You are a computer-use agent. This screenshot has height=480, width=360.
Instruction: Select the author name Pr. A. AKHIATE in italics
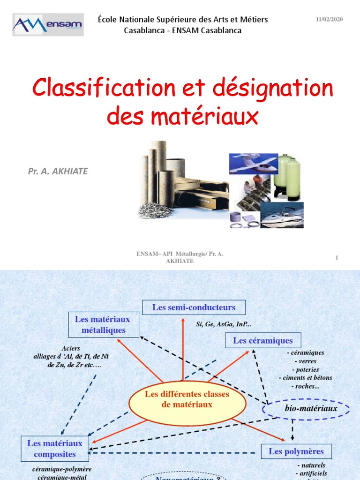[58, 171]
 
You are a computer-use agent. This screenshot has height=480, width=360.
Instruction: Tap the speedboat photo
[282, 216]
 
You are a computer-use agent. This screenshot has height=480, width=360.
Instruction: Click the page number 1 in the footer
[337, 257]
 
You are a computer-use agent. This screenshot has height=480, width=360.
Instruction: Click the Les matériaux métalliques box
[103, 324]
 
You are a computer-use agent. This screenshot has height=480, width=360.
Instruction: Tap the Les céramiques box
[262, 341]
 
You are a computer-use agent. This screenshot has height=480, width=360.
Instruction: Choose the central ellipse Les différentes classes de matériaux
[187, 399]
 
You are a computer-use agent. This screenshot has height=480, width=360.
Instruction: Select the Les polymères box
[296, 452]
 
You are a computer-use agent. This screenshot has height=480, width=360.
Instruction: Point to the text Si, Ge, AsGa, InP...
[224, 324]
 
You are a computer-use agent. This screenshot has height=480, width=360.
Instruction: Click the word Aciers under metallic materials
[71, 348]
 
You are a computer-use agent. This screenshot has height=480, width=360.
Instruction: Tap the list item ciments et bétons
[305, 378]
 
